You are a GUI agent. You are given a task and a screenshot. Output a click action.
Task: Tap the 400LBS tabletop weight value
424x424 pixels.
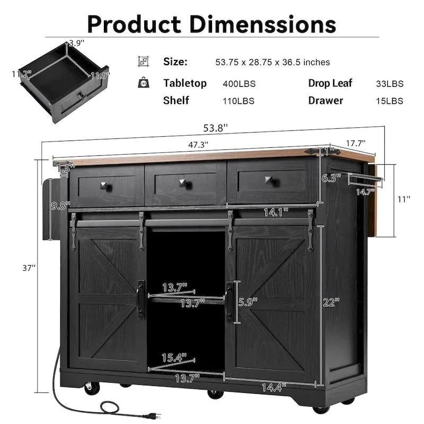[x=238, y=84]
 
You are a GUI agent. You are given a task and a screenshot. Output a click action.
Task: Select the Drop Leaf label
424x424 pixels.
[x=330, y=83]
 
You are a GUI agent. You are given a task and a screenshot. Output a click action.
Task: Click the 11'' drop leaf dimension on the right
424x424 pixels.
[x=404, y=199]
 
